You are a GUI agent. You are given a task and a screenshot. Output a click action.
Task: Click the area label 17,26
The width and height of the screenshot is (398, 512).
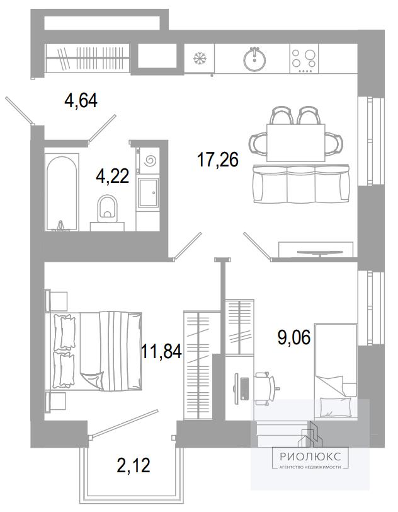[218, 160]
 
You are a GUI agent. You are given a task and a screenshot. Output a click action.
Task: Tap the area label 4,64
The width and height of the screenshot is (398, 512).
[81, 101]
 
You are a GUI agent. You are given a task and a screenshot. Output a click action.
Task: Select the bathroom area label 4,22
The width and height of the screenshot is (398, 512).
[113, 177]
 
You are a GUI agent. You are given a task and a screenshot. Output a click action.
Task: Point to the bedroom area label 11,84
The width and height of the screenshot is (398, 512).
[161, 351]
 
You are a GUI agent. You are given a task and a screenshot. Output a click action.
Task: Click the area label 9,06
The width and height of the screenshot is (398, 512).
[294, 337]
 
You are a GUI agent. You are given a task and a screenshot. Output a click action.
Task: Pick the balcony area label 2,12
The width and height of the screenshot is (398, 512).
[134, 465]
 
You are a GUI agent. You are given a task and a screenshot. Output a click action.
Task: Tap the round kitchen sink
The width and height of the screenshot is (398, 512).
[254, 59]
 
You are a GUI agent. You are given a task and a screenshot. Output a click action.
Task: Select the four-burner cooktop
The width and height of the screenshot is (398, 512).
[304, 59]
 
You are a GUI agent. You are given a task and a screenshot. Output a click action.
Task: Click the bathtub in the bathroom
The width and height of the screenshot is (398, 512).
[62, 193]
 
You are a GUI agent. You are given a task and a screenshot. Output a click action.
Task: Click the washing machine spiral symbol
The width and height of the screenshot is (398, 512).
[151, 160]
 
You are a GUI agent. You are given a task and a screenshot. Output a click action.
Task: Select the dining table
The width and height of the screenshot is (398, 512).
[296, 143]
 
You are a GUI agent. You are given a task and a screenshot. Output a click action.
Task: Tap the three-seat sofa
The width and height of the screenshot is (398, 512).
[301, 184]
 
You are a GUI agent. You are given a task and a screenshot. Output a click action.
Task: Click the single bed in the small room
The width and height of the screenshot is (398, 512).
[336, 371]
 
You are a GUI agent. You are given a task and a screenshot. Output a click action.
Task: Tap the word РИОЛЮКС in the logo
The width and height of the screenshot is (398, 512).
[310, 456]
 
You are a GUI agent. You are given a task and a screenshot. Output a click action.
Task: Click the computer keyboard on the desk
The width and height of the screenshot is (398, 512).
[244, 388]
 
